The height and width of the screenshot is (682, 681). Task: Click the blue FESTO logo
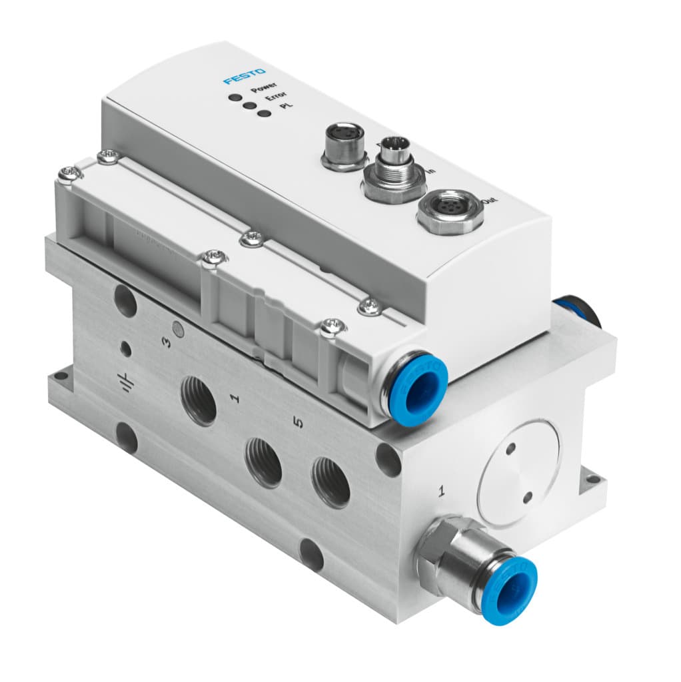pyautogui.click(x=245, y=75)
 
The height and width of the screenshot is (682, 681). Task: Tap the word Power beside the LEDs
pyautogui.click(x=264, y=87)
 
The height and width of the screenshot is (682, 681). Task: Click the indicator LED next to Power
pyautogui.click(x=234, y=97)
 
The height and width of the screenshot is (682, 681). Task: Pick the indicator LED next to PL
pyautogui.click(x=265, y=113)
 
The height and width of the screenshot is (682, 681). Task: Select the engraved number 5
pyautogui.click(x=299, y=424)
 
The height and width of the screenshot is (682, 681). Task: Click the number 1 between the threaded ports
pyautogui.click(x=234, y=399)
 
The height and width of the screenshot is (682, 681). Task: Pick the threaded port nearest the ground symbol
pyautogui.click(x=199, y=401)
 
